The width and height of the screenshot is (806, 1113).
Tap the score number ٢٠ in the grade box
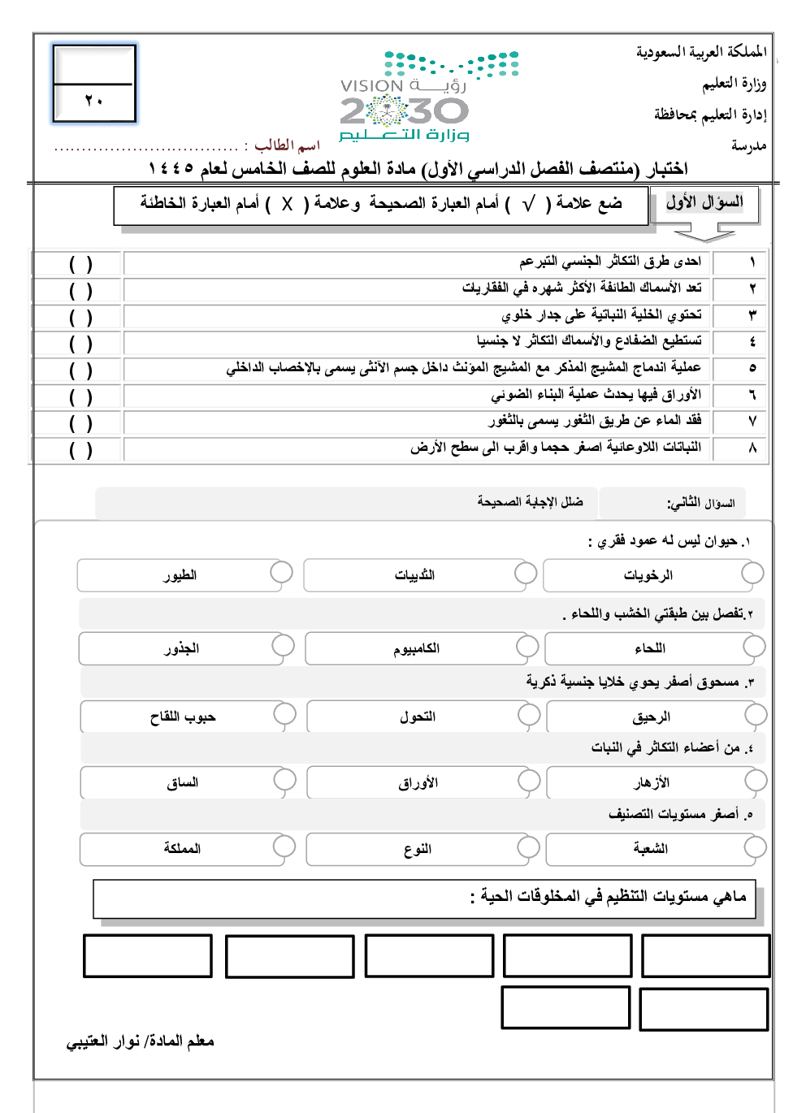[93, 101]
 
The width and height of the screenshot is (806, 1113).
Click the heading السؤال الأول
[704, 203]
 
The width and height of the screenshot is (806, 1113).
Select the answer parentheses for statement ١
[80, 264]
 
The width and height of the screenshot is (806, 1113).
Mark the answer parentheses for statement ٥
[80, 370]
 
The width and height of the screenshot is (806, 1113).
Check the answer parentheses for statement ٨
[80, 450]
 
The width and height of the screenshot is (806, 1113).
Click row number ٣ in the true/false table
[752, 315]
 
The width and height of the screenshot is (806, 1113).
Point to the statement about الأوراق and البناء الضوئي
[596, 395]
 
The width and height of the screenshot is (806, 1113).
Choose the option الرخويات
[648, 575]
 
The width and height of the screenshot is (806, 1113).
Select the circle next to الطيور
[281, 572]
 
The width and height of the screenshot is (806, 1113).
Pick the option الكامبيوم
[416, 648]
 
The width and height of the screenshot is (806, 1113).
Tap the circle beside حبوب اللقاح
[284, 714]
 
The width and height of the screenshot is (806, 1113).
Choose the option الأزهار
[652, 782]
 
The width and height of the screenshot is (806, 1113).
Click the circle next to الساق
[284, 780]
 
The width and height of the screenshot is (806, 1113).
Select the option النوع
[417, 849]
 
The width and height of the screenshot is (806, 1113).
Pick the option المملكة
[182, 848]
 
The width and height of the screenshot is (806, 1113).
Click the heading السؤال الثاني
[700, 504]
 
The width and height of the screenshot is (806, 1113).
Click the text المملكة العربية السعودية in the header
[700, 52]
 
